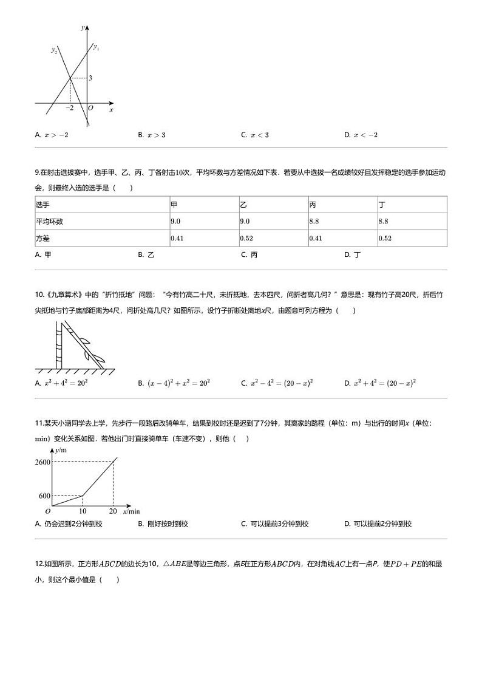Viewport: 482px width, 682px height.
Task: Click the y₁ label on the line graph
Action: pos(96,47)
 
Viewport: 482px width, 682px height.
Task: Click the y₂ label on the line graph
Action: pos(54,50)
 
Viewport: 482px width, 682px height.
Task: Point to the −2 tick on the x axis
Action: pos(70,108)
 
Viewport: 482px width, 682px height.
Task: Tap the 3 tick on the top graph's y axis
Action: pos(90,78)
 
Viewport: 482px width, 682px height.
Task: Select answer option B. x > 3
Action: pos(152,135)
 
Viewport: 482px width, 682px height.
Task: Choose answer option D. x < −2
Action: pos(361,135)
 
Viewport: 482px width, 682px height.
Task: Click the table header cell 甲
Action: pos(174,205)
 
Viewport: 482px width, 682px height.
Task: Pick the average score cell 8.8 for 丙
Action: pos(314,222)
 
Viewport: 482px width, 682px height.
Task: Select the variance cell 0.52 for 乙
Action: pos(246,238)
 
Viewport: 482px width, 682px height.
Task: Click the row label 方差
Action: pos(42,238)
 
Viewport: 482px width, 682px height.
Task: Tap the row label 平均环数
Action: pos(49,222)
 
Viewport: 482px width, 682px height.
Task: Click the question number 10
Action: pos(39,311)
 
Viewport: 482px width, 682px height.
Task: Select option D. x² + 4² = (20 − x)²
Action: pos(379,383)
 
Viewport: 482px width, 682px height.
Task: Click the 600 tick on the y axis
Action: pos(44,496)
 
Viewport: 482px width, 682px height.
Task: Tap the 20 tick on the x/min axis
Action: pos(113,511)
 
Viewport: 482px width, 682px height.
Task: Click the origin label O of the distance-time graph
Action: pos(48,512)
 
